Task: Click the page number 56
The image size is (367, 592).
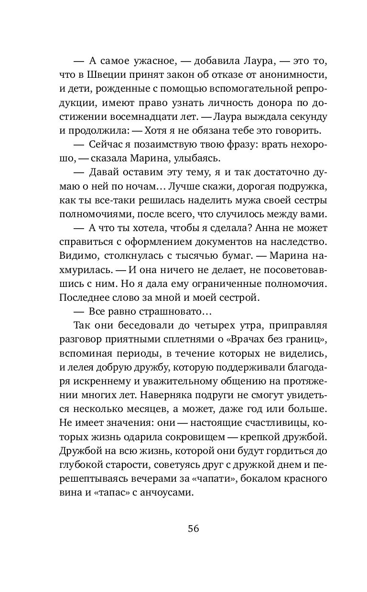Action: (193, 529)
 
